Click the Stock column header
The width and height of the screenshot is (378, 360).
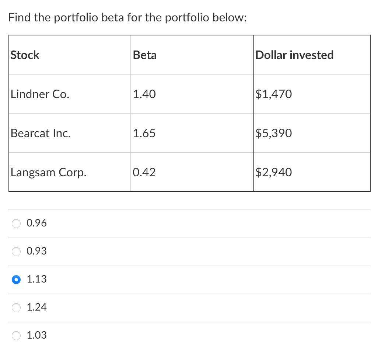[25, 55]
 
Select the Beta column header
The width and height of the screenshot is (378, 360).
[144, 55]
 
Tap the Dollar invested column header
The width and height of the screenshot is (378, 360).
[294, 55]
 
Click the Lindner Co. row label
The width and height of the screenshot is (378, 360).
[40, 94]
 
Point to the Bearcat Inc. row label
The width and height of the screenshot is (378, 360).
[41, 133]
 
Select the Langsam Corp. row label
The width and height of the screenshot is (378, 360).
[49, 172]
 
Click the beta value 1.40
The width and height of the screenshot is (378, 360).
[144, 94]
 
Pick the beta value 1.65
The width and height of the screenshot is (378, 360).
[144, 133]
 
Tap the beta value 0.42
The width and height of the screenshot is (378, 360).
[144, 172]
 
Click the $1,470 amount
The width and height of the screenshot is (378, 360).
[274, 94]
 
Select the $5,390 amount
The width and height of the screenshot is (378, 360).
[274, 133]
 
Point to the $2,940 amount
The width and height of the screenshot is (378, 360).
[274, 172]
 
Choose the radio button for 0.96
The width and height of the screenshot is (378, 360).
[17, 224]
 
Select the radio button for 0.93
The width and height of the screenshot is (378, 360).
[17, 252]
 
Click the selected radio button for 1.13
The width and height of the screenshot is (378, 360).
[17, 280]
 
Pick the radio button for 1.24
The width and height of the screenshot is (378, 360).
[17, 307]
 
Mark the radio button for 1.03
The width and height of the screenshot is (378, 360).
[17, 335]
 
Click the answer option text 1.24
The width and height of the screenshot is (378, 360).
[37, 307]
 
